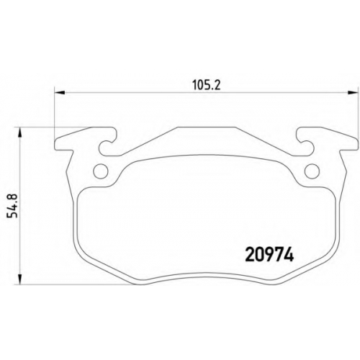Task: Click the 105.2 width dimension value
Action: tap(207, 85)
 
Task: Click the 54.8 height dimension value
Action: tap(12, 206)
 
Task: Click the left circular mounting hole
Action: tap(100, 171)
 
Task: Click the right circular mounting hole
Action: tap(312, 171)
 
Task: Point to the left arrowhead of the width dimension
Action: tap(60, 92)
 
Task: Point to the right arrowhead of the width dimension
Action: tap(354, 92)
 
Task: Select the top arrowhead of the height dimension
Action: tap(20, 132)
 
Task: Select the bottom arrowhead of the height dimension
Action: tap(20, 279)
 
